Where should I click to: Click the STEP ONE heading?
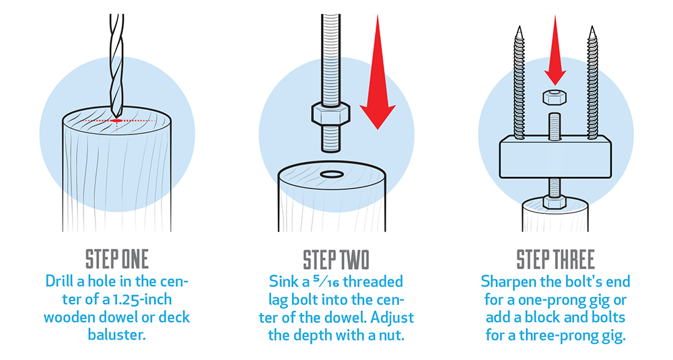[116, 260]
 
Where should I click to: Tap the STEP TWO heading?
[336, 260]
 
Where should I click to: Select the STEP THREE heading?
[555, 260]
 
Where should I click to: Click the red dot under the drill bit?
[116, 121]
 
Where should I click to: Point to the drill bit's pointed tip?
[116, 116]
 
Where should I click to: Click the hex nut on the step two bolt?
[330, 114]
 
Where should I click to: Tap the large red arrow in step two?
[378, 72]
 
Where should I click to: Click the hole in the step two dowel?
[332, 174]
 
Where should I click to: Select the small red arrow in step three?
[555, 50]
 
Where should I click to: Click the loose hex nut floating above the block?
[555, 98]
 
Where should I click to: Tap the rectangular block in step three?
[555, 157]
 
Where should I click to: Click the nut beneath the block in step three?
[554, 202]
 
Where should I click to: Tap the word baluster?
[116, 334]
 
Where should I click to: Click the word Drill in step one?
[59, 281]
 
